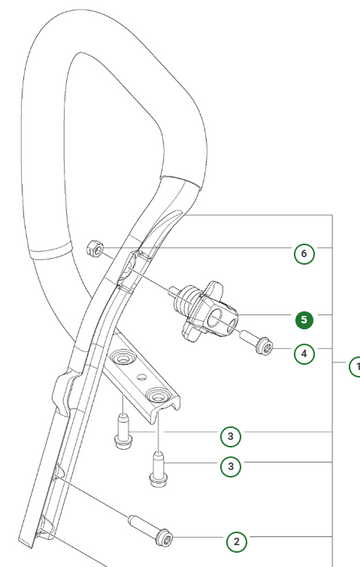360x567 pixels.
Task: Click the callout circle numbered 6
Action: [x=304, y=254]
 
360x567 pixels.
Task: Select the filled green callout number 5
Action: [x=304, y=320]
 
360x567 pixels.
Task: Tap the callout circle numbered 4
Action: [x=304, y=354]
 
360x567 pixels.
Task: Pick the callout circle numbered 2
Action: [x=237, y=541]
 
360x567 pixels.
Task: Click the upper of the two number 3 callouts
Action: [x=231, y=436]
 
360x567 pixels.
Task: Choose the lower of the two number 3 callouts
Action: [x=231, y=466]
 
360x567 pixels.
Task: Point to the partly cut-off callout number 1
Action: [x=355, y=366]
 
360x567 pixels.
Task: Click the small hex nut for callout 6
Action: [x=95, y=249]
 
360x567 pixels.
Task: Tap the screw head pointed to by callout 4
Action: [x=264, y=346]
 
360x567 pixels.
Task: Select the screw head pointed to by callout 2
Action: [x=164, y=538]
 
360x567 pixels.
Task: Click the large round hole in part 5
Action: [x=217, y=317]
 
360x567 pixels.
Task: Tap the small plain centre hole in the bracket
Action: [x=142, y=377]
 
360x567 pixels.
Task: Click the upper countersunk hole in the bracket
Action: [x=124, y=357]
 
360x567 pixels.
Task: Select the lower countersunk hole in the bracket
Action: [x=157, y=395]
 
